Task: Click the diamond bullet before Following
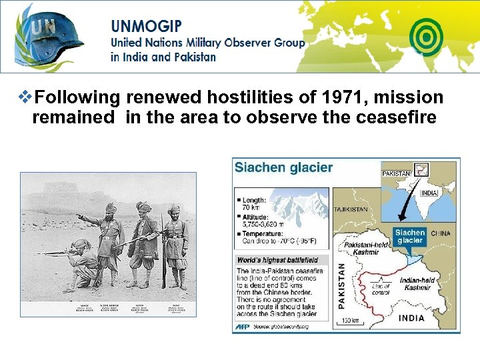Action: pos(25,98)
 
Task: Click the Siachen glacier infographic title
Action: pos(283,167)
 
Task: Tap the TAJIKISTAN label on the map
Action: pos(351,209)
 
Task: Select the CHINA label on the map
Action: pos(440,234)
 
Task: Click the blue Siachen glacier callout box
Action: pos(409,237)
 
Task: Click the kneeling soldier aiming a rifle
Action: pos(83,257)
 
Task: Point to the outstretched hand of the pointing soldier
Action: pos(79,217)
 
